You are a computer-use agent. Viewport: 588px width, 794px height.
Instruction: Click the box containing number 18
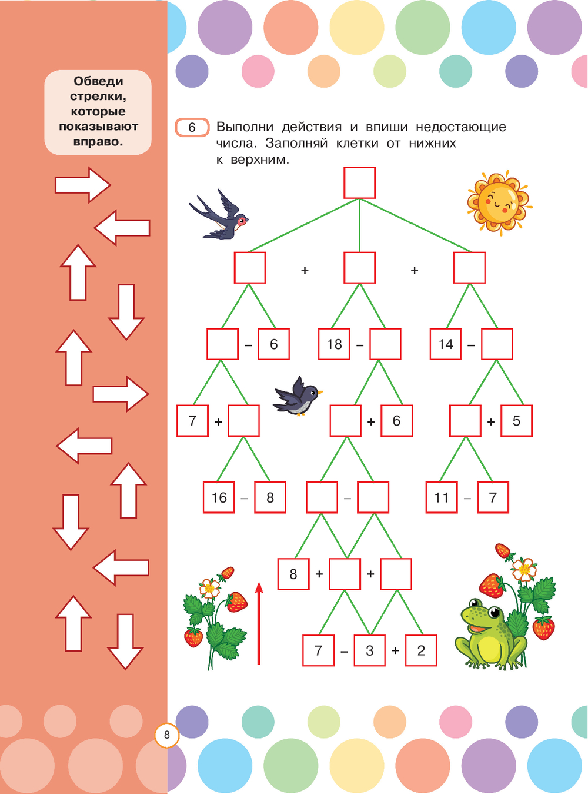334,344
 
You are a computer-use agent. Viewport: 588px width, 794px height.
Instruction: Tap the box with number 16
219,497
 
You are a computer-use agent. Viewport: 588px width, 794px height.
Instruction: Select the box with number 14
446,344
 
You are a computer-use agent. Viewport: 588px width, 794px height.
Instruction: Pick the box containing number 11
442,497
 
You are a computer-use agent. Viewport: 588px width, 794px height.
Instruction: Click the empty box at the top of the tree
359,183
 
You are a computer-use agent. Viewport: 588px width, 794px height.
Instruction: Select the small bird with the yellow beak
299,396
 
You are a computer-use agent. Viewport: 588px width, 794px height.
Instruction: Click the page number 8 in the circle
167,735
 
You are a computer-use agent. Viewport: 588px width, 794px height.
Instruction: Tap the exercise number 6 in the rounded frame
192,127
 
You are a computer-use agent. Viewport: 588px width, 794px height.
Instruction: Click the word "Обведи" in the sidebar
98,81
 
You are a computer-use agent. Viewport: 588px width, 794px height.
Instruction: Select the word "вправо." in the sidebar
98,142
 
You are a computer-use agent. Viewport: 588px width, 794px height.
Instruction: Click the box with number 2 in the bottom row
421,650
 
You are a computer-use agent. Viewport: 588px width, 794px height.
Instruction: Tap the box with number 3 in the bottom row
369,650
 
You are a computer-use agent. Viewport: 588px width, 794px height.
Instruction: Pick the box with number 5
516,421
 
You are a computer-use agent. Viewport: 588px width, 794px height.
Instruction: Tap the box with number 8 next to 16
270,497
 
